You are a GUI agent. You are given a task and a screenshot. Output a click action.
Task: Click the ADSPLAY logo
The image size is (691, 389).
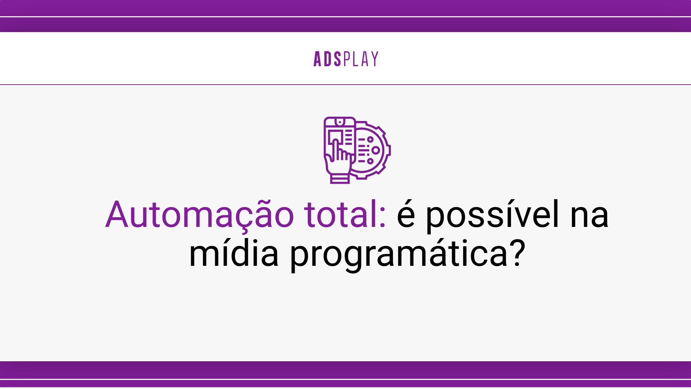point(345,59)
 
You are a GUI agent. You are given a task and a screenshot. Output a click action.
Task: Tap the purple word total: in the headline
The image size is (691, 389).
point(345,215)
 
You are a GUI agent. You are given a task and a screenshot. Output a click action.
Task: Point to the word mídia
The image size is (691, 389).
point(234,254)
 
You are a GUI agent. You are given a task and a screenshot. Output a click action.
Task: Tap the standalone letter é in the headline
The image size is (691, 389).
point(406,215)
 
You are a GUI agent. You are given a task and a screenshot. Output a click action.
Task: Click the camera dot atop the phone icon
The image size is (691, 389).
point(339,122)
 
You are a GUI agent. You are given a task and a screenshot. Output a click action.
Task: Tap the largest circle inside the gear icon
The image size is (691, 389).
point(375,150)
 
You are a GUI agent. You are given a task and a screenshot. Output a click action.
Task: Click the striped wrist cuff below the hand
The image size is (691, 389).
point(340,179)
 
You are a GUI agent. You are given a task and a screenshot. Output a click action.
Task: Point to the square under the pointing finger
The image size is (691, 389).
point(335,136)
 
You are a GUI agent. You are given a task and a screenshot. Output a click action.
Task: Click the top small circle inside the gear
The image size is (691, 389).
point(370,139)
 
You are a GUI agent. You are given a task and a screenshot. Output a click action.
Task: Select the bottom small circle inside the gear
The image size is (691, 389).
point(370,161)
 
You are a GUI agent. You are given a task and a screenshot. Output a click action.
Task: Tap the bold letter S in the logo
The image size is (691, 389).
point(337,59)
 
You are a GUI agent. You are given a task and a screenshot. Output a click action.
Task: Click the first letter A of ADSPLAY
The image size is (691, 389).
point(317,59)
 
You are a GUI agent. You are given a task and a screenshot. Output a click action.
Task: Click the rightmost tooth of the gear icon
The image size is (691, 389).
point(389,150)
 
